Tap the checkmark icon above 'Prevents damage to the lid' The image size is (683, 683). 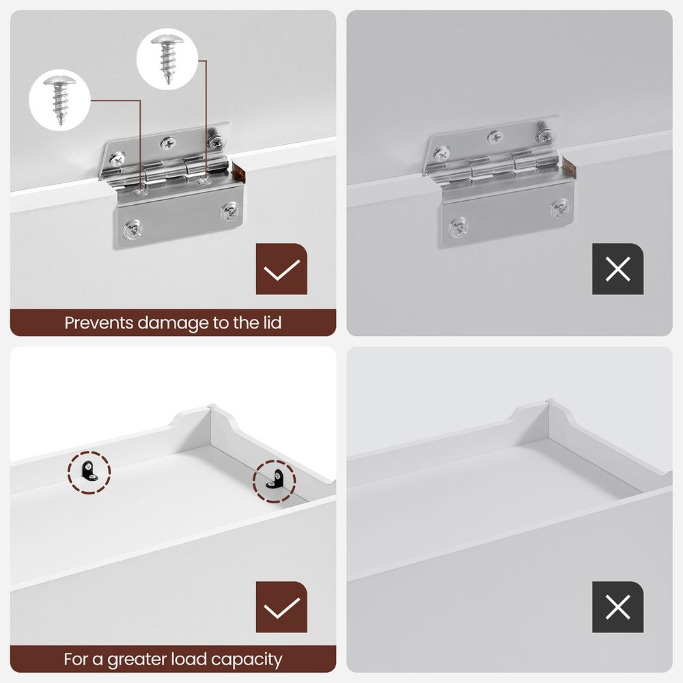click(x=281, y=269)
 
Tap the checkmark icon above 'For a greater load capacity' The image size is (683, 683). click(x=281, y=607)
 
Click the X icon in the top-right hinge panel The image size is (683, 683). click(x=617, y=269)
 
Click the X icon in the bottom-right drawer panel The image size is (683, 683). click(x=617, y=607)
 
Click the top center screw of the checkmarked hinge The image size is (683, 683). click(x=168, y=143)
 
